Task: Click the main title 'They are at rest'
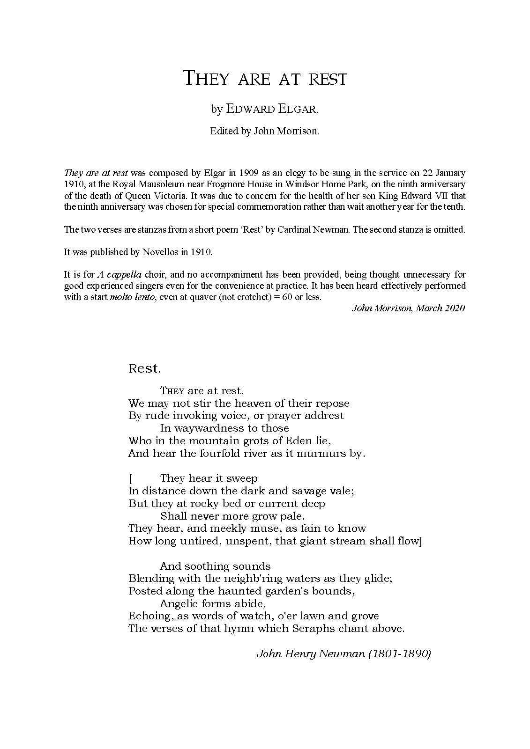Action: [265, 79]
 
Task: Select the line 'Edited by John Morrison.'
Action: [264, 131]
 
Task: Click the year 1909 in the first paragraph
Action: [244, 173]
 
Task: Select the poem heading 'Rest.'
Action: [145, 368]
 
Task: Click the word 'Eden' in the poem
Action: [296, 441]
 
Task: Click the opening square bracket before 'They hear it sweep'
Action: [130, 479]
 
